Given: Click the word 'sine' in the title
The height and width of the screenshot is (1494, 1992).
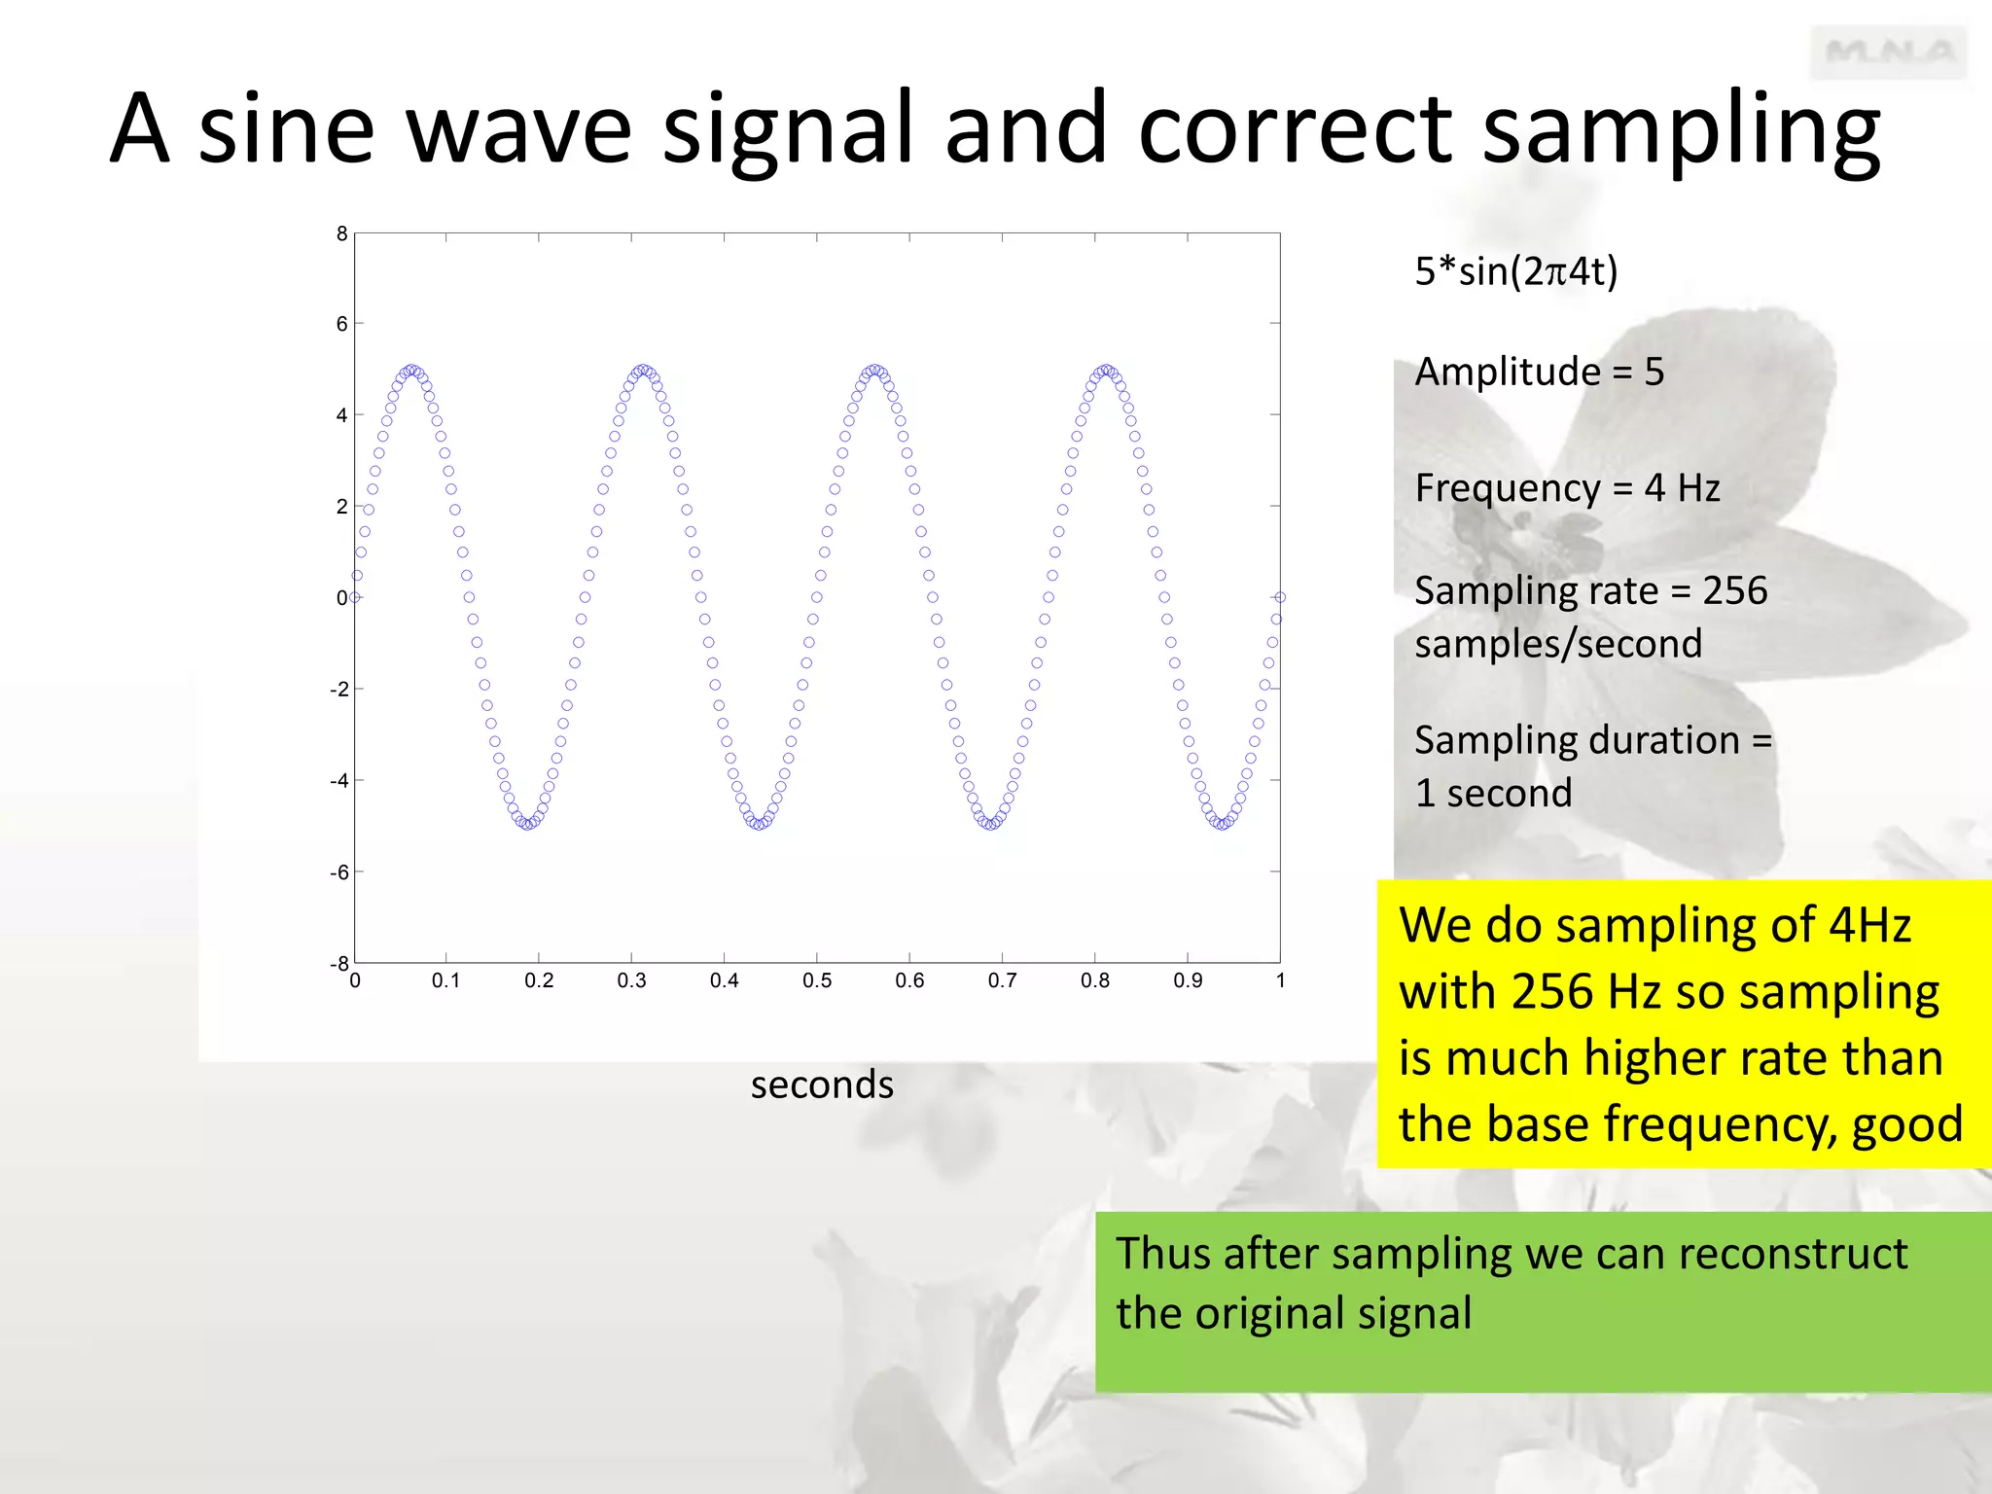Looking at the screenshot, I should pos(286,129).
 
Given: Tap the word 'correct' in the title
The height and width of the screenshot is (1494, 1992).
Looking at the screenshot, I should pos(1295,129).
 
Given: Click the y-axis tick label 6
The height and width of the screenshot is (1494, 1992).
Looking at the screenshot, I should pos(341,324).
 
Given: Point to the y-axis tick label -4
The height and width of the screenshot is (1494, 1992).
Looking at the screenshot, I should pos(338,781).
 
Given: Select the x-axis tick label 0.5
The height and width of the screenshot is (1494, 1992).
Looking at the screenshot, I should pos(817,981).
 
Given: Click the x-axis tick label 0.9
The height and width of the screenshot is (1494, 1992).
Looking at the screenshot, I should pos(1188,981).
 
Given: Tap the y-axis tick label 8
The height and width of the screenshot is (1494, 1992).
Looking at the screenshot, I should pos(341,233).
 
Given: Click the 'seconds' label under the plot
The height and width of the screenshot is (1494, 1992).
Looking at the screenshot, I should pos(822,1085).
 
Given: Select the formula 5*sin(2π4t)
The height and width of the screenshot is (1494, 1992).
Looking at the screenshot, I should pos(1515,271).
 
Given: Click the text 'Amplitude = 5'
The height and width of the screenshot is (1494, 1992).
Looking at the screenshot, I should pos(1539,372).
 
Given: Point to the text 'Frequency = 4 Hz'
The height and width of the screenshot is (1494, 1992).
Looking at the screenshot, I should pos(1567,487).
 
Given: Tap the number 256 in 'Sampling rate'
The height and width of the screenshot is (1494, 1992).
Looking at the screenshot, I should pos(1734,590).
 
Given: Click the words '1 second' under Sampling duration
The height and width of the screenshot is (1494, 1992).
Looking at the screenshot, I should pos(1493,794).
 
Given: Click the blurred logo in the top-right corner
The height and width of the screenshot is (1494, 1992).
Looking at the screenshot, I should pos(1888,53).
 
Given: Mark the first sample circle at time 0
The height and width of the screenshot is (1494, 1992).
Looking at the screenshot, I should pos(355,597).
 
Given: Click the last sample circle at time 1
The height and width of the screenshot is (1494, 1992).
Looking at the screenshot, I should pos(1280,597).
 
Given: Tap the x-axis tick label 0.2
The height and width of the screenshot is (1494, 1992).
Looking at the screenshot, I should pos(539,981).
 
